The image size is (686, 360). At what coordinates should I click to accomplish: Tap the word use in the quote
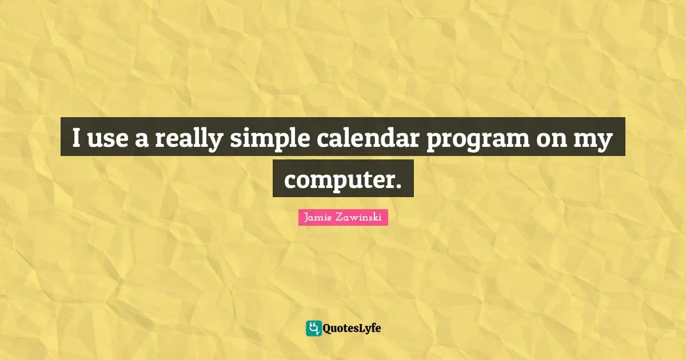[x=107, y=139]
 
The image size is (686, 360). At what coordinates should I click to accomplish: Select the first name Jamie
[x=316, y=218]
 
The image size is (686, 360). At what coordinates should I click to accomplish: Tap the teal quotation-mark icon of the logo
[x=313, y=328]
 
